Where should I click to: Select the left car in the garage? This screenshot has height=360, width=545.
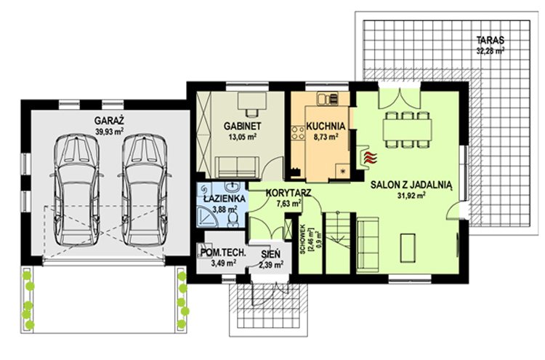coord(77,190)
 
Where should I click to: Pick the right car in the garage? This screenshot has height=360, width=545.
coord(145,190)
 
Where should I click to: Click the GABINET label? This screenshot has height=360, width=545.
coord(242,126)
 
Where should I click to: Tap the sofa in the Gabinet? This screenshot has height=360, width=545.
coord(237,167)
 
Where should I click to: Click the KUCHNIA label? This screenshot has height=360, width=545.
coord(326,126)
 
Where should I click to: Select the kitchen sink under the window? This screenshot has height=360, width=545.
coord(327,99)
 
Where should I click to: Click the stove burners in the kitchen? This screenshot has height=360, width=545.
coord(297,133)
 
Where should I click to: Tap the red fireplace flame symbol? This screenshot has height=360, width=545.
coord(369,158)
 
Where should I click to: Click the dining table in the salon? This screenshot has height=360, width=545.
coord(408,129)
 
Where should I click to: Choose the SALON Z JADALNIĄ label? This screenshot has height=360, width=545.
coord(411,185)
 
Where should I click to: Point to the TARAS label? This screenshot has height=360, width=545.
coord(490,40)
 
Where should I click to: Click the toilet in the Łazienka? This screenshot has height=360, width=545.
coord(233,219)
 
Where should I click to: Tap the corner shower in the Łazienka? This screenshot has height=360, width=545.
coord(206,217)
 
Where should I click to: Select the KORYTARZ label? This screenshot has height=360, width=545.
coord(288,193)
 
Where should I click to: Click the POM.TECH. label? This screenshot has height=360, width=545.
coord(223,253)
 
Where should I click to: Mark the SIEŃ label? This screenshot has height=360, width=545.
coord(271,255)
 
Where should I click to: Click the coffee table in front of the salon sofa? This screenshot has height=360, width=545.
coord(408,248)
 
